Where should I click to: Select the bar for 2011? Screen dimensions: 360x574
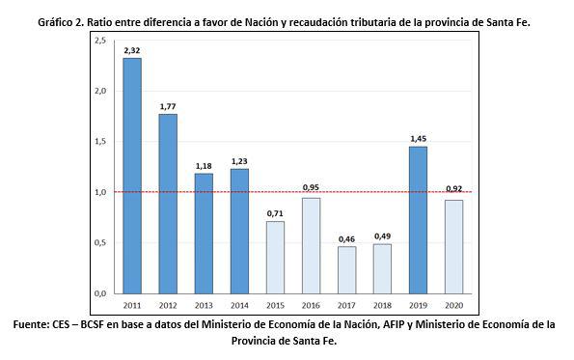(x=131, y=176)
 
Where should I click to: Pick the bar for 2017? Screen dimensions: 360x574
(x=345, y=269)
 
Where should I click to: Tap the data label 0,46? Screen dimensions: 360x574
(x=345, y=237)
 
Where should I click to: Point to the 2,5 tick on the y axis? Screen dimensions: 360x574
(x=100, y=42)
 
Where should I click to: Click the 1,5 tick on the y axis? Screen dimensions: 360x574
(x=100, y=142)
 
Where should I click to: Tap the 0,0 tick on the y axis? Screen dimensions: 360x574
(x=100, y=292)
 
